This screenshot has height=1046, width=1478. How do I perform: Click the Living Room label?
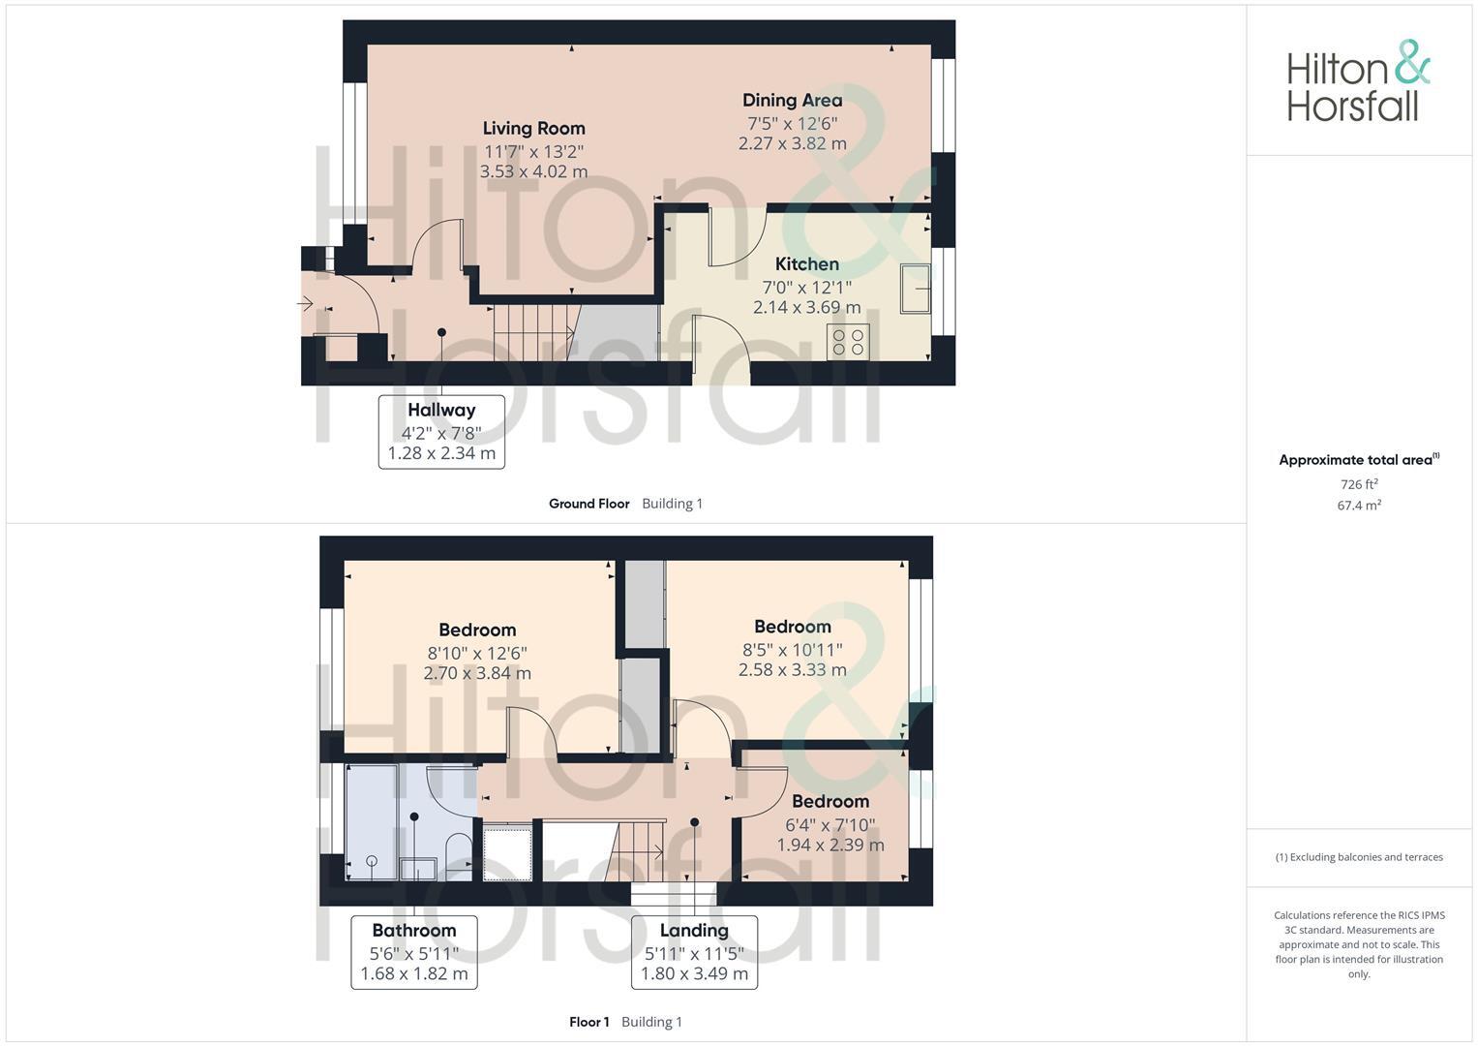[x=533, y=128]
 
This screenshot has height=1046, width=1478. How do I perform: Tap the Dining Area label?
[x=792, y=100]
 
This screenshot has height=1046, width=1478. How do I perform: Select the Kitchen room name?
[x=806, y=263]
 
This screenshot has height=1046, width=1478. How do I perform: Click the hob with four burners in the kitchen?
[x=848, y=342]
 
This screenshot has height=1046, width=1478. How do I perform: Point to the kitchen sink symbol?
[x=915, y=288]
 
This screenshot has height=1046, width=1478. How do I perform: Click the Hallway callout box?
[x=441, y=431]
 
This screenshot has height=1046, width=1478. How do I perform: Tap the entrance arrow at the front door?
[x=305, y=304]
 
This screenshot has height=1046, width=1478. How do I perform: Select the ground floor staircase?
[x=534, y=332]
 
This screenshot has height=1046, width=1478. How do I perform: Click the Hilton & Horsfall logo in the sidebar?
[x=1358, y=81]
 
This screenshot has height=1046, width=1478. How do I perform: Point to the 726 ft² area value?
[x=1359, y=484]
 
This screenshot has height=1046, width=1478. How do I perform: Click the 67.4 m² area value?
[x=1359, y=506]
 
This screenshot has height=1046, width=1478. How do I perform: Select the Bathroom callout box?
[x=414, y=951]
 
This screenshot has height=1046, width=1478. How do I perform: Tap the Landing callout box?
[x=694, y=951]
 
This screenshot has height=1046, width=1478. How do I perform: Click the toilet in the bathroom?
[x=459, y=854]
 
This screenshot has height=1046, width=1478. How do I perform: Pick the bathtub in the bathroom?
[x=371, y=822]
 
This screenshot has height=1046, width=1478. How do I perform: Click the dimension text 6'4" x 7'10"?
[x=830, y=825]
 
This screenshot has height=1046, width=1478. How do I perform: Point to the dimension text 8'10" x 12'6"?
[x=477, y=654]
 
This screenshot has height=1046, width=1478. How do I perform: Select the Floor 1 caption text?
[x=588, y=1022]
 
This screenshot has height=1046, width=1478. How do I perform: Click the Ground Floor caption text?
[x=588, y=504]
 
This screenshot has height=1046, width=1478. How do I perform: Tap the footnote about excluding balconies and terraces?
[x=1359, y=857]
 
